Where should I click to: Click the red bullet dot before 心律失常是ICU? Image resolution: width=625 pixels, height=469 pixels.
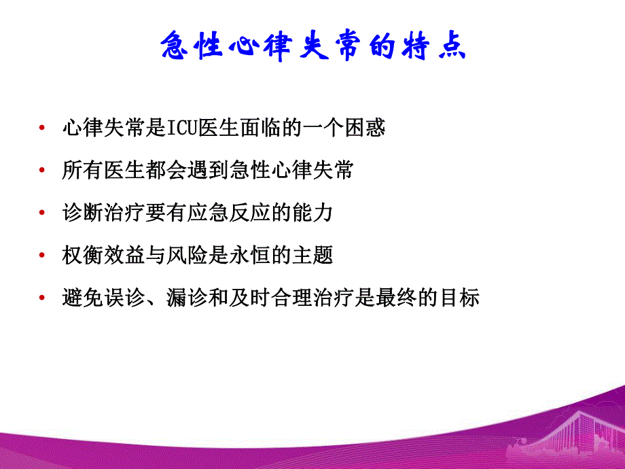(x=43, y=128)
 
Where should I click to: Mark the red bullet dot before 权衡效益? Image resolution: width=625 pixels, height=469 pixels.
(x=43, y=256)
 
